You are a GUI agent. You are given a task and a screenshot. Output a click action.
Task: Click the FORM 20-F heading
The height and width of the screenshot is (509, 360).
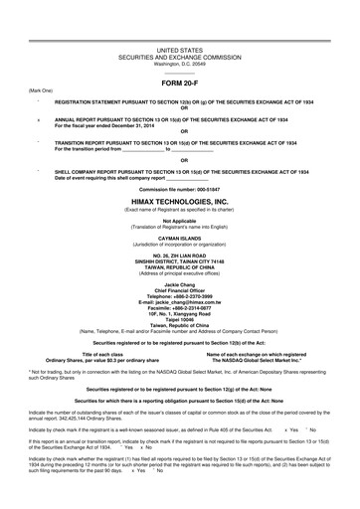pos(179,83)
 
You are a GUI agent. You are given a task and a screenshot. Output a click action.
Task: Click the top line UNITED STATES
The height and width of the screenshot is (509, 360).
pos(179,49)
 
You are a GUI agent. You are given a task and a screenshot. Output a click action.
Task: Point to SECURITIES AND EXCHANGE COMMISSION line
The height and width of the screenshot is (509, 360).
pos(179,56)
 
